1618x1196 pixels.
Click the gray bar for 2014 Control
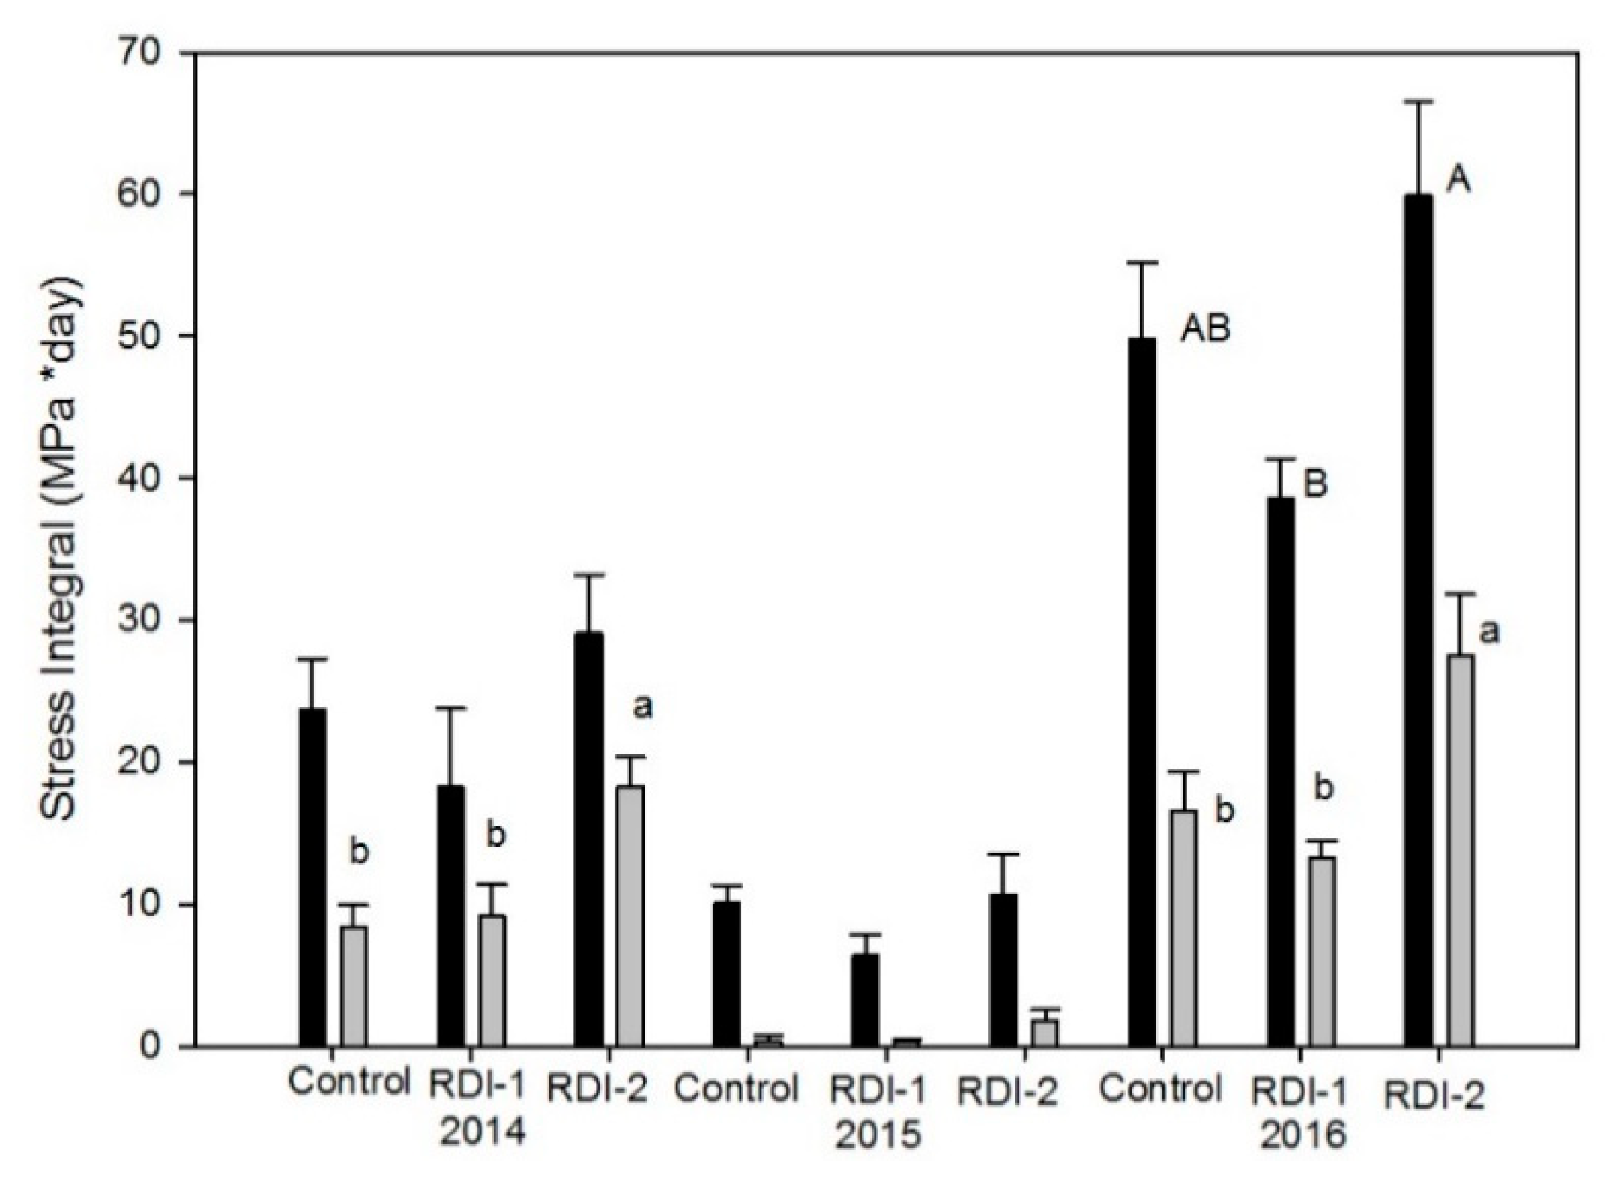[x=354, y=985]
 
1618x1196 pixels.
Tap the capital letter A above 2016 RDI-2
[x=1458, y=181]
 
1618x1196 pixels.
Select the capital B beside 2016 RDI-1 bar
[x=1315, y=484]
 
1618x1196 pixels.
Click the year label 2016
[x=1302, y=1135]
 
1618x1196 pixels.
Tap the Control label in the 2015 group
[x=736, y=1089]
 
